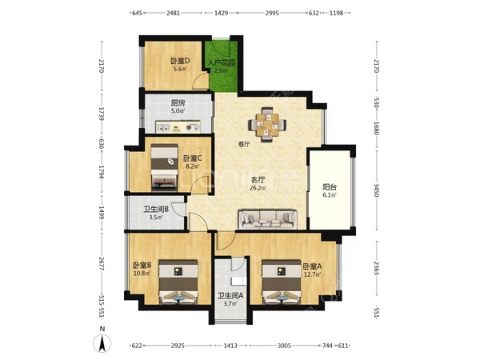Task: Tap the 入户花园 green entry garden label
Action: pos(221,63)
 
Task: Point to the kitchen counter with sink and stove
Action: pos(178,126)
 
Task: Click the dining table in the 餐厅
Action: pos(267,125)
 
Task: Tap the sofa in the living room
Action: pos(269,219)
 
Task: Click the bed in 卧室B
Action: pos(178,282)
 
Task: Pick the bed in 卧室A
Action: pos(282,282)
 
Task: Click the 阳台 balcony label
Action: pos(330,187)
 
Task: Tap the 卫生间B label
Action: pos(156,210)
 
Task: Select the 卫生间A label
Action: pos(230,296)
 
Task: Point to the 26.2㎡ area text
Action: pos(258,188)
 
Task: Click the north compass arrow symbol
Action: pos(102,343)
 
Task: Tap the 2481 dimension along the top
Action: pos(173,13)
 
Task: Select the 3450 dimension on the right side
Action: pos(377,190)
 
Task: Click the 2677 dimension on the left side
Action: pos(102,263)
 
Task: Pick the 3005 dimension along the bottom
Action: pos(284,346)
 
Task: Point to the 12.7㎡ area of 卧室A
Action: pos(312,274)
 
